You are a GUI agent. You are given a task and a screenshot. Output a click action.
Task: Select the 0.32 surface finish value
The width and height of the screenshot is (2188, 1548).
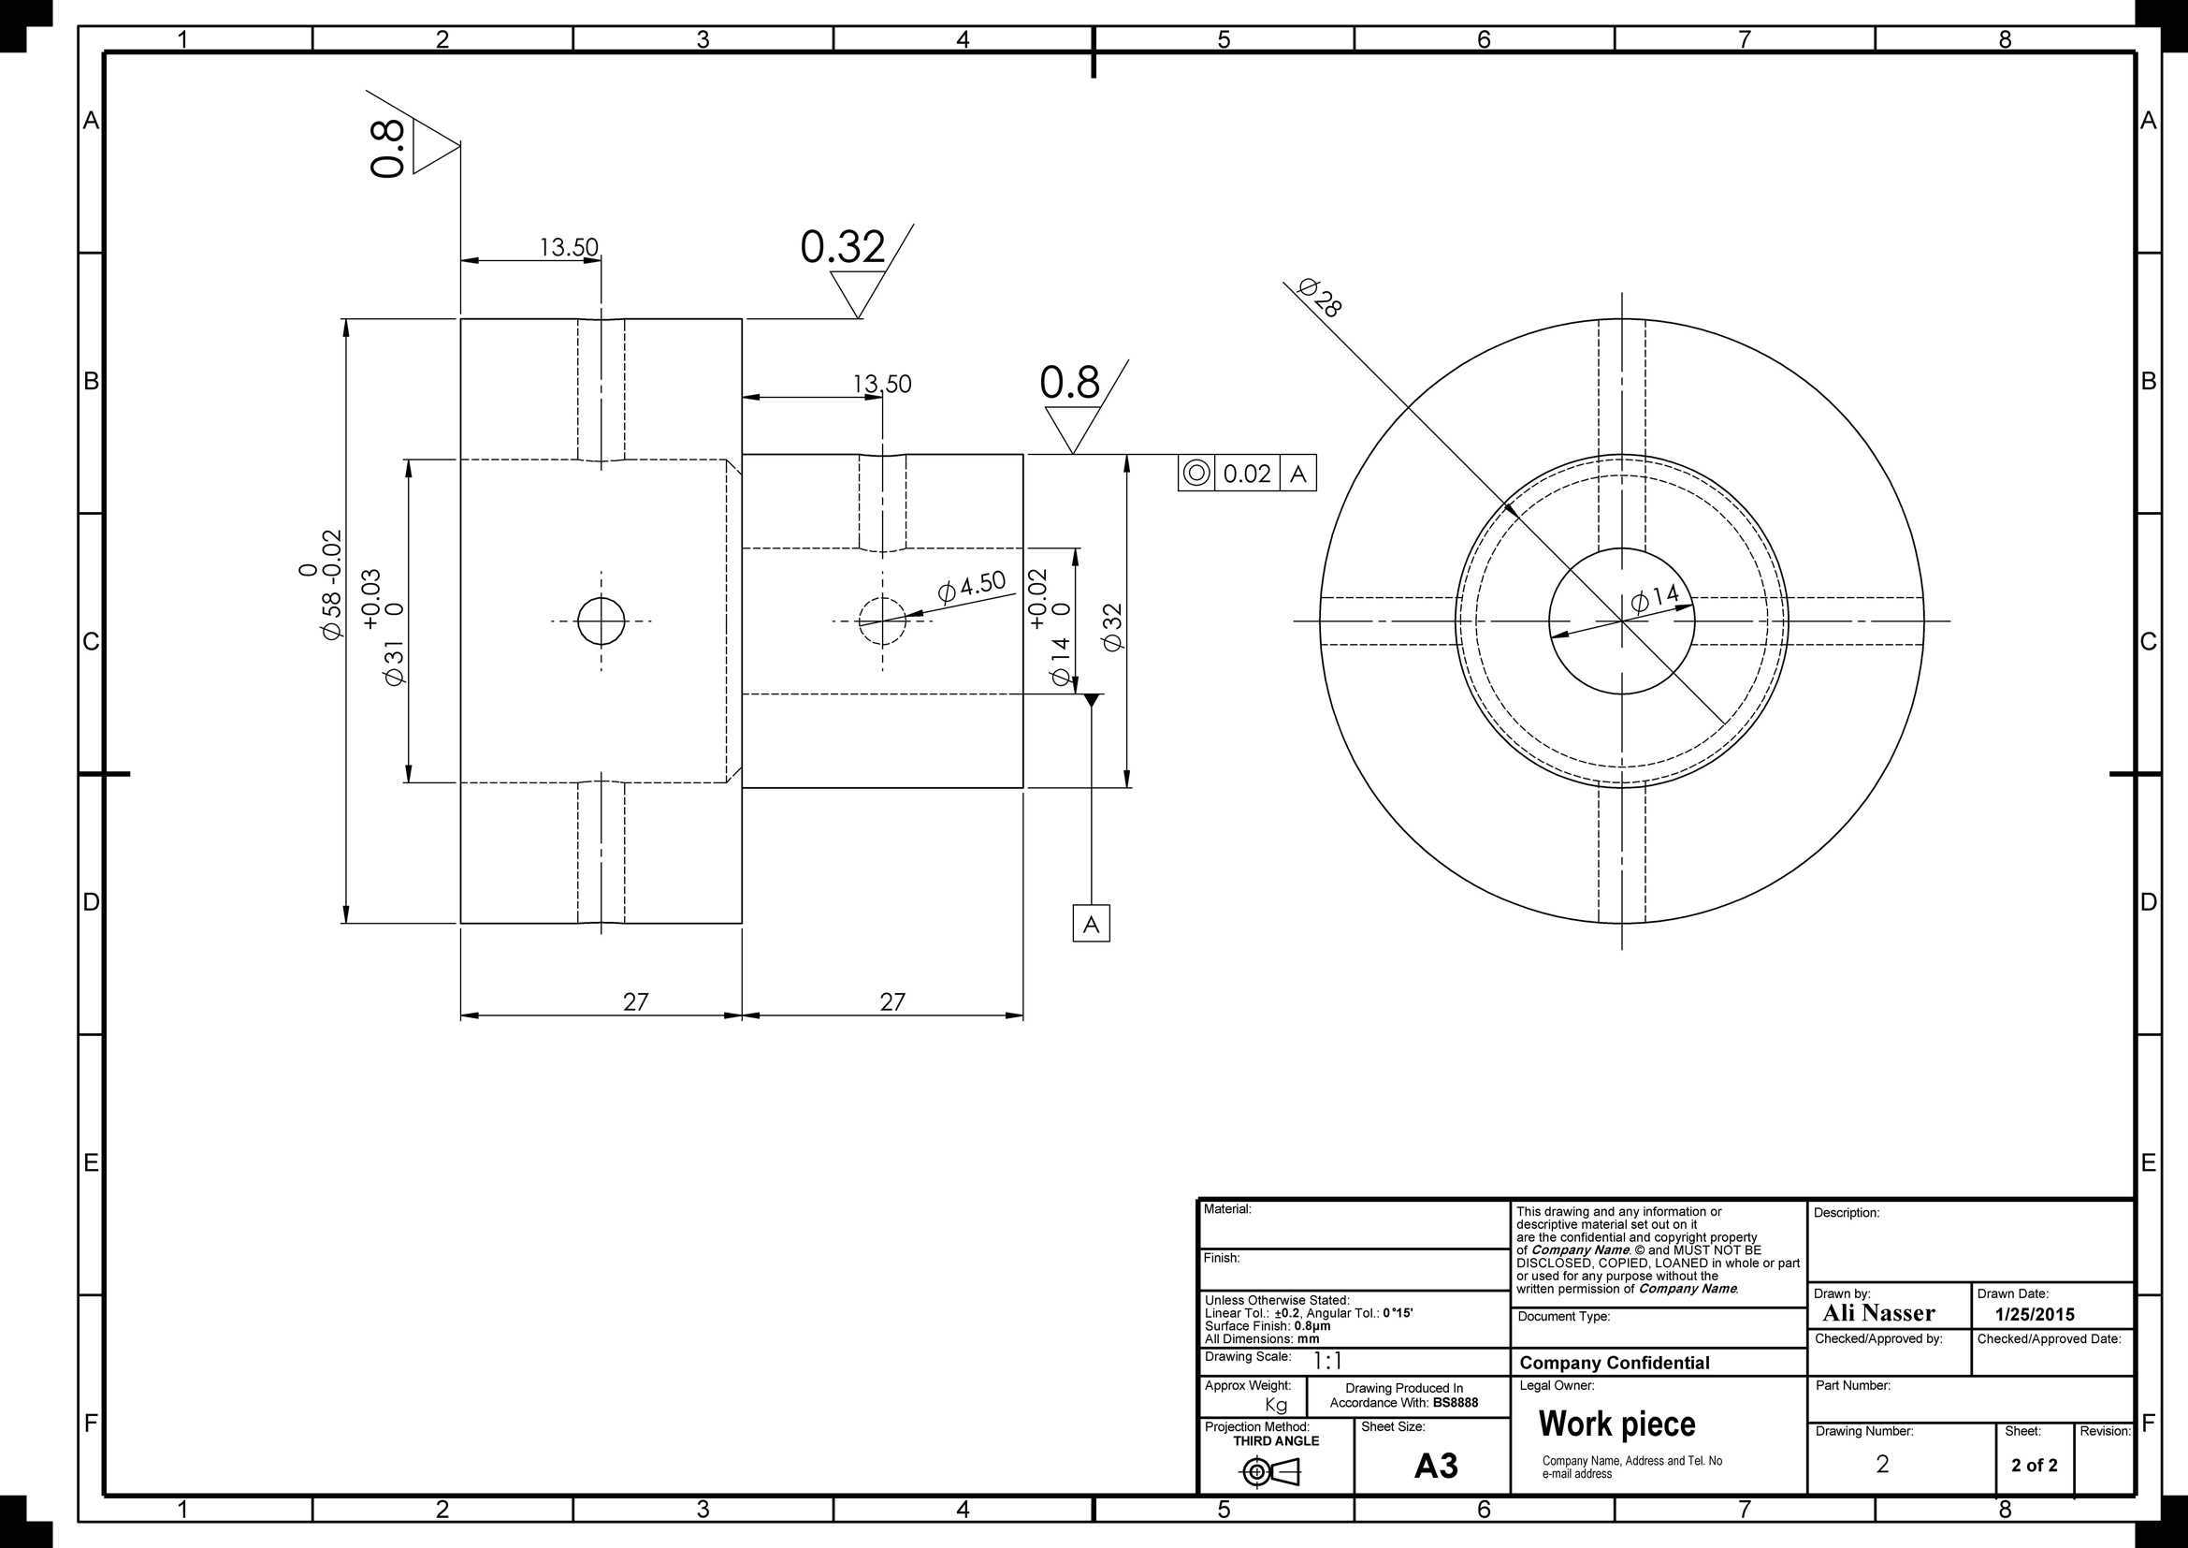[x=843, y=247]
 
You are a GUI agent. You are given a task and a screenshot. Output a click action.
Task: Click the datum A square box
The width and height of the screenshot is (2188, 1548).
[x=1091, y=923]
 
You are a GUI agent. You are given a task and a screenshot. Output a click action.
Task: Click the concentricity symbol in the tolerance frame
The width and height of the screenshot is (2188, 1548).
[x=1196, y=473]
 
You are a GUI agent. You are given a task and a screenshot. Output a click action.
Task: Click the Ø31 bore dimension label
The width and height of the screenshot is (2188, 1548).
[x=395, y=663]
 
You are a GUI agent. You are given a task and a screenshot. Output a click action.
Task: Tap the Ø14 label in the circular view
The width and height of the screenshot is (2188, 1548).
[x=1656, y=599]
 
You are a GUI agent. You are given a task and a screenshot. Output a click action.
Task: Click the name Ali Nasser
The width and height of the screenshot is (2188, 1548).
[x=1878, y=1313]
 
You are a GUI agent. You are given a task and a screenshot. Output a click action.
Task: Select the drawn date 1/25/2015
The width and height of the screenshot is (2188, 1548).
[x=2035, y=1314]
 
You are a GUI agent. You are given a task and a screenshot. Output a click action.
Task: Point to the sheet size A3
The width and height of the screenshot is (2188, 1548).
[x=1436, y=1466]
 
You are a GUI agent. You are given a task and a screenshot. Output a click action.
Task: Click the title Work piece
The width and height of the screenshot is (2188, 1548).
[x=1617, y=1424]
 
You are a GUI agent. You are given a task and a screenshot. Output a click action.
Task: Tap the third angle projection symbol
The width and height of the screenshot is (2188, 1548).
[x=1270, y=1473]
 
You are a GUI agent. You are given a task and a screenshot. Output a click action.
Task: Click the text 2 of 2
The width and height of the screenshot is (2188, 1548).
[x=2035, y=1465]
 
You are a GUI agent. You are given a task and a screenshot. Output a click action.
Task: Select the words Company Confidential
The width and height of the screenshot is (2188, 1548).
[x=1615, y=1363]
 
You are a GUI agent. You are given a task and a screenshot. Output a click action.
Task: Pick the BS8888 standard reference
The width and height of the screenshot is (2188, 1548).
[x=1456, y=1402]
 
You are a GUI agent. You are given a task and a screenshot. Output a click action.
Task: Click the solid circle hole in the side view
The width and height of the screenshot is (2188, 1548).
[x=601, y=621]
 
